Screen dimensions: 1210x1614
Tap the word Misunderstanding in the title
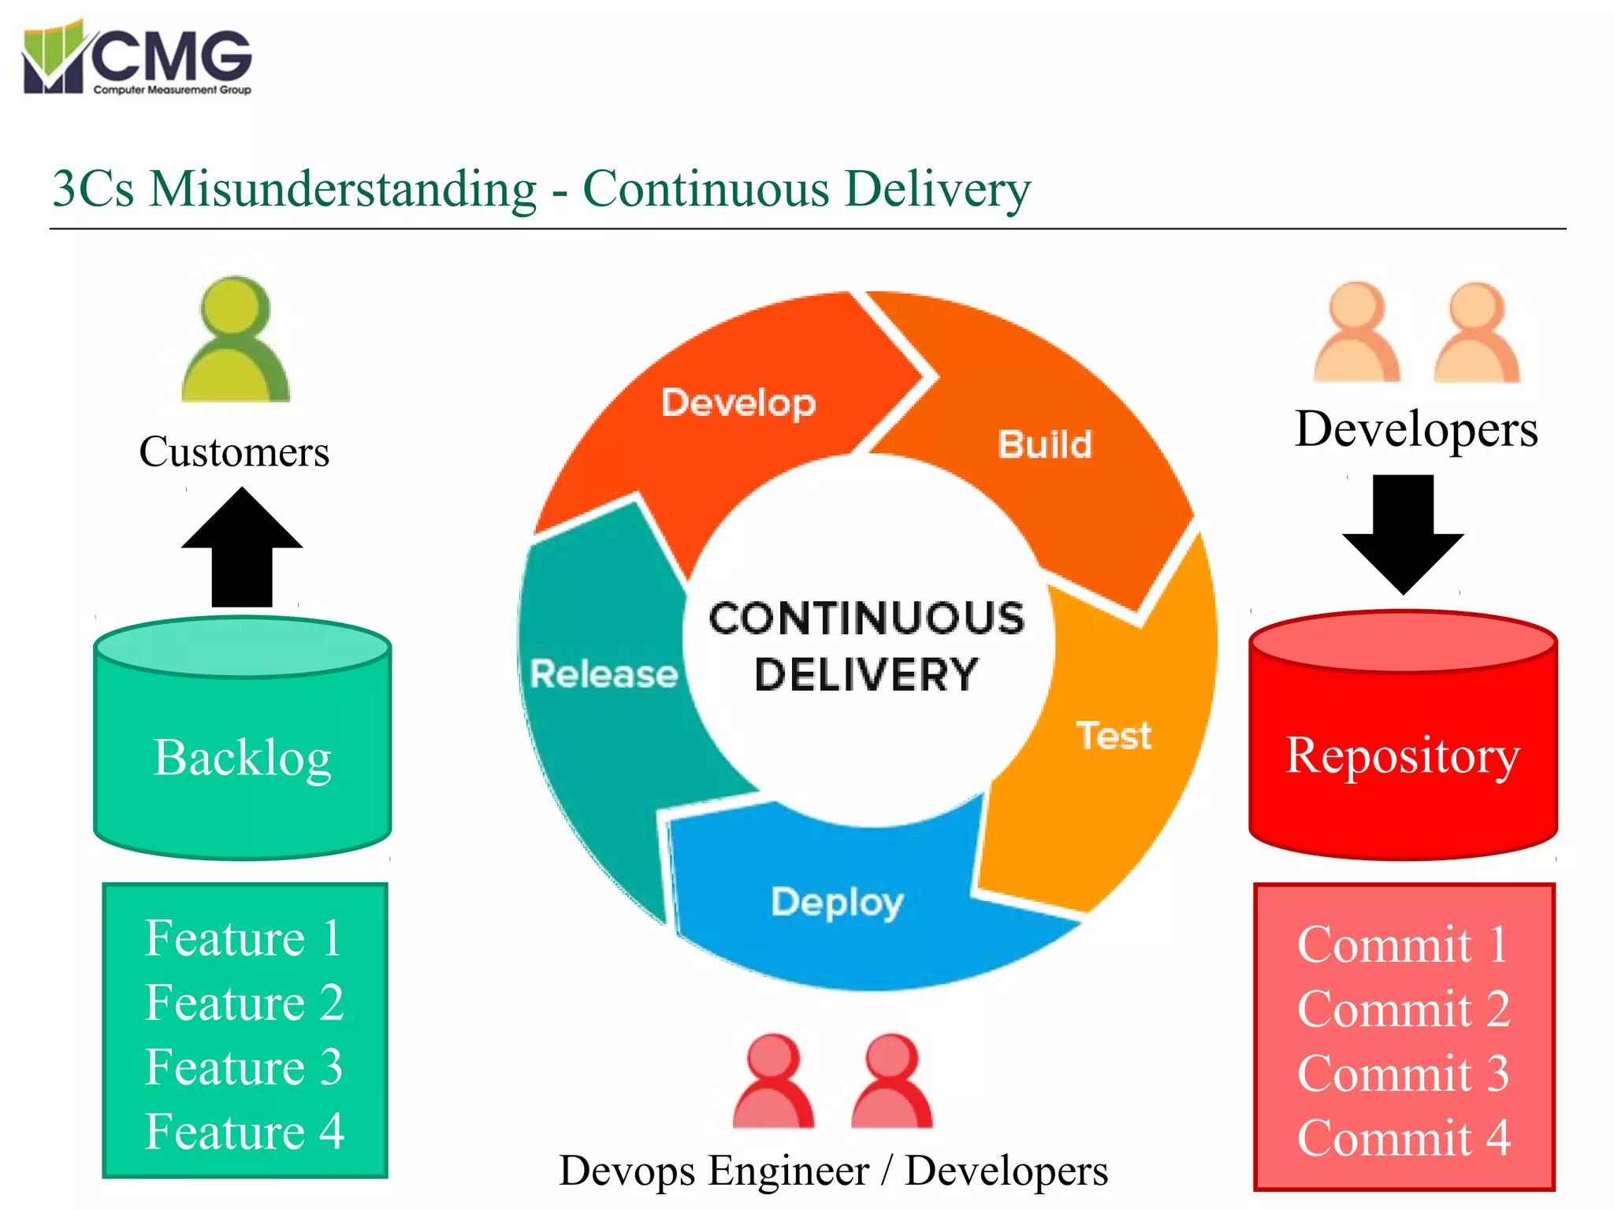(343, 189)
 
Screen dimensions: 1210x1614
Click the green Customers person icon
(235, 340)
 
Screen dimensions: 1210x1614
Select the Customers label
(234, 452)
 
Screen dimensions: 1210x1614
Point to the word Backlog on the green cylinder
(242, 758)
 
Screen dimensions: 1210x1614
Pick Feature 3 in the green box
(244, 1067)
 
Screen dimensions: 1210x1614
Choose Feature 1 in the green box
(244, 938)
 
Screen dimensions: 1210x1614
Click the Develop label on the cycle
(738, 403)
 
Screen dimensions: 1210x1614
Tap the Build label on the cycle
(1045, 444)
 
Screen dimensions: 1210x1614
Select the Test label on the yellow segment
(1114, 736)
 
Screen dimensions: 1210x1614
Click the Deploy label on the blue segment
(837, 902)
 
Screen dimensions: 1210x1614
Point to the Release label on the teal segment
(604, 674)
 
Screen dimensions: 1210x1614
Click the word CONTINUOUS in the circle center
(867, 618)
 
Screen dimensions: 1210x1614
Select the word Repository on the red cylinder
(1403, 756)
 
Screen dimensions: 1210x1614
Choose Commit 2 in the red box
(1404, 1009)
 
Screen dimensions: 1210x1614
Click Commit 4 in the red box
(1404, 1138)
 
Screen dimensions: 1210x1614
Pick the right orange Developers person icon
(1477, 332)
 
